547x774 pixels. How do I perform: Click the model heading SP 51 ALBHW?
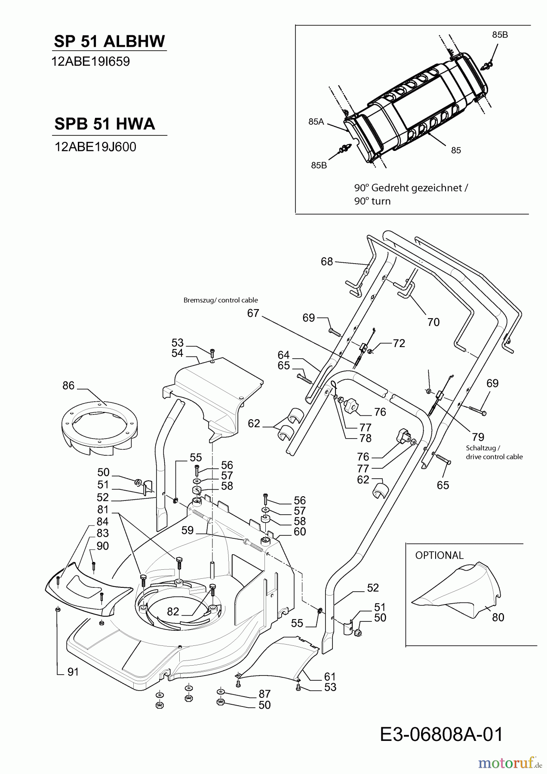pos(109,41)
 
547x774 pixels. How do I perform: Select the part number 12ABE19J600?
pos(95,147)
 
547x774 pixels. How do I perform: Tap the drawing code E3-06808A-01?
pos(441,734)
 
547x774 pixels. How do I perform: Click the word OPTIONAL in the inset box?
pos(439,555)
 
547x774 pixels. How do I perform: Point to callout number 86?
pos(68,386)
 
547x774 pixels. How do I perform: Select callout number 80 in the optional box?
pos(498,617)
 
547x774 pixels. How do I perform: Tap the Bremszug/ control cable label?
pos(221,300)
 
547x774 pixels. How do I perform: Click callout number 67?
pos(253,313)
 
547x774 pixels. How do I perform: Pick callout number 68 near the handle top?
pos(327,261)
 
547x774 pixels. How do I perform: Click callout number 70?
pos(433,322)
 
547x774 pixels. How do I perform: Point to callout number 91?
pos(73,672)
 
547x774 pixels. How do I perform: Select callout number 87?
pos(264,694)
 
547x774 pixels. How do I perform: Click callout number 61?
pos(330,676)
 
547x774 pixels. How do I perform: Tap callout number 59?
pos(187,530)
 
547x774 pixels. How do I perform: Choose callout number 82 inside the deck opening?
pos(173,611)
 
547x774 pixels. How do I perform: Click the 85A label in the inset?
pos(316,122)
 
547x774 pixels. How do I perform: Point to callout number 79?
pos(478,437)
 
